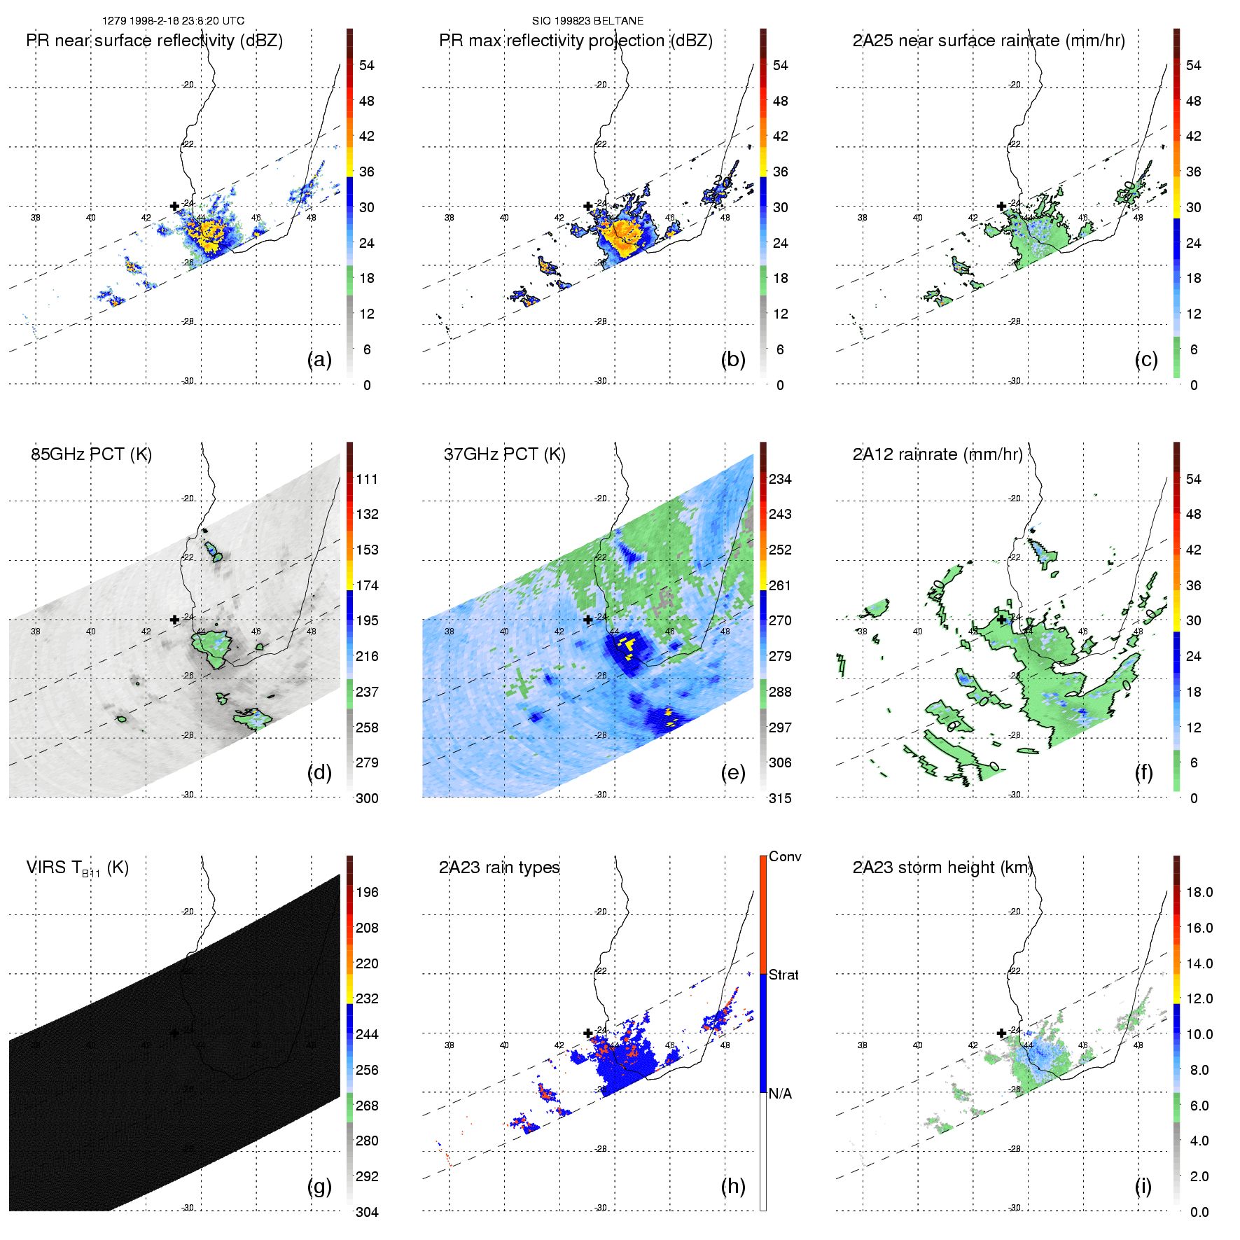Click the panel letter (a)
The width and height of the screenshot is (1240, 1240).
319,360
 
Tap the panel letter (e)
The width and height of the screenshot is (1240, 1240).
733,773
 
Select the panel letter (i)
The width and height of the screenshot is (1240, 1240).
1143,1186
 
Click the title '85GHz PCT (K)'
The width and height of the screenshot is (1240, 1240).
92,454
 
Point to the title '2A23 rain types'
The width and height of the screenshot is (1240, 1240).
499,868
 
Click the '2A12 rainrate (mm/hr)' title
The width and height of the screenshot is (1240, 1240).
938,454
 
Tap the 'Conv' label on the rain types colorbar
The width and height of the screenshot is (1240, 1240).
785,856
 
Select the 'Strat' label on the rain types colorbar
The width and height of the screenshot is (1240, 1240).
783,975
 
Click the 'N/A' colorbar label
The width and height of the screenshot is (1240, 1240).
780,1094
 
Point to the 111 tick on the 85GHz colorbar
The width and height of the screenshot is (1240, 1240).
367,479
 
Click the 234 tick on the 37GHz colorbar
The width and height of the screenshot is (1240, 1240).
780,479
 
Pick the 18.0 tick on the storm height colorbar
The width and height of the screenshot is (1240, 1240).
1199,892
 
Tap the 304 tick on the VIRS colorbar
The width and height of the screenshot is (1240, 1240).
367,1212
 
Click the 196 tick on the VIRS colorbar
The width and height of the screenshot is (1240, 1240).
367,892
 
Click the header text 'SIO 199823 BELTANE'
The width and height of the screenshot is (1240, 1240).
587,21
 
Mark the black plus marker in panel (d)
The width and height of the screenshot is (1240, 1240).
174,620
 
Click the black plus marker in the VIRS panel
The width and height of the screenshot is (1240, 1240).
174,1033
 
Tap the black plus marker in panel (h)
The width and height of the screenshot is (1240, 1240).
588,1033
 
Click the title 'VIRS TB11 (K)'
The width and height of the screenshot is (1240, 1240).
78,868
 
